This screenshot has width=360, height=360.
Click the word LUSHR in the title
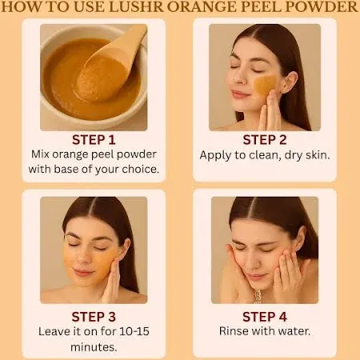[138, 7]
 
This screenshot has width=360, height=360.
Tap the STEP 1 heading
[94, 140]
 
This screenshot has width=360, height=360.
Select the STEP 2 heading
[265, 140]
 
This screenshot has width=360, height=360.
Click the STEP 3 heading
[94, 317]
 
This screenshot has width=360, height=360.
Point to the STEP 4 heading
[265, 317]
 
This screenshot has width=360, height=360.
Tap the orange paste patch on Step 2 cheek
[265, 85]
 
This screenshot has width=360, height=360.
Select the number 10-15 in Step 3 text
[134, 331]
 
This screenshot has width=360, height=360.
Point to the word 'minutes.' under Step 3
[94, 347]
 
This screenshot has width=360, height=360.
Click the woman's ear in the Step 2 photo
[290, 82]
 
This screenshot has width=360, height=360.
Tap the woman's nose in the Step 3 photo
[83, 258]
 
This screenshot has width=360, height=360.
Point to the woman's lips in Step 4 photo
[254, 276]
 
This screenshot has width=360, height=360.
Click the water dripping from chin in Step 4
[258, 296]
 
